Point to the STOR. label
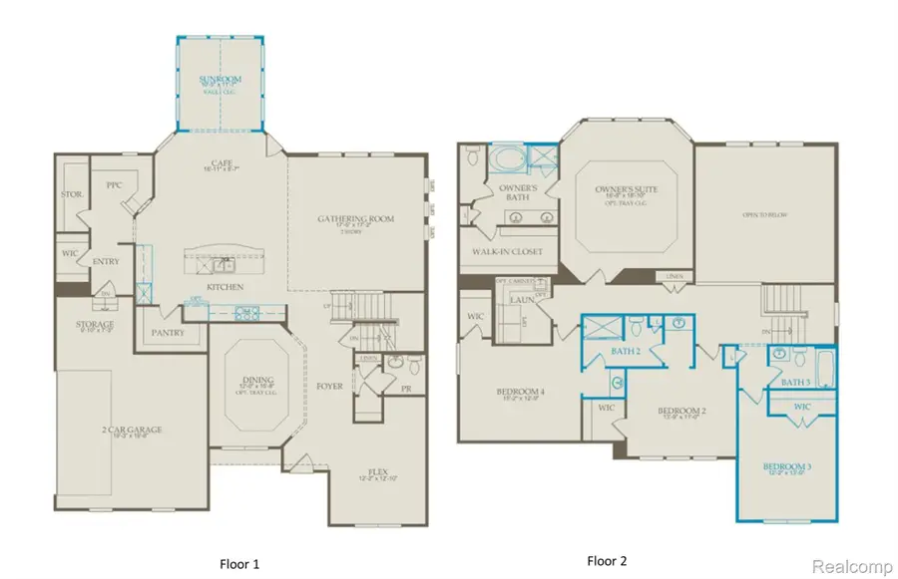click(x=71, y=194)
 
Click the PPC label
click(x=114, y=185)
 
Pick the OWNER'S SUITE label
click(x=627, y=187)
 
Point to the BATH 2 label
click(x=624, y=352)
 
